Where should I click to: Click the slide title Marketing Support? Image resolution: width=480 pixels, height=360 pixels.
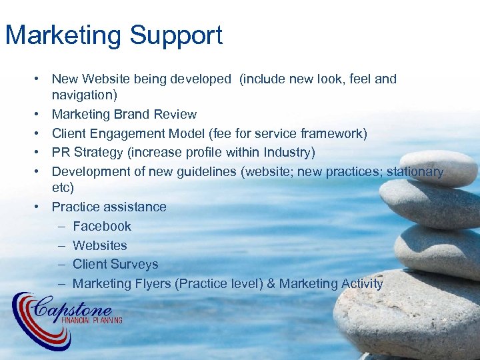pyautogui.click(x=114, y=35)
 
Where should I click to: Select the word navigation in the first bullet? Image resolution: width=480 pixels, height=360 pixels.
pyautogui.click(x=84, y=95)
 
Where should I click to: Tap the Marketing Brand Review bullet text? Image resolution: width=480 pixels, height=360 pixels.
pyautogui.click(x=124, y=114)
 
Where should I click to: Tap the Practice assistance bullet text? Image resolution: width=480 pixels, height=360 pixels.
pyautogui.click(x=109, y=207)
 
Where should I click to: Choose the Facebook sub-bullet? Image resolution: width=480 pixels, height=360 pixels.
pyautogui.click(x=102, y=226)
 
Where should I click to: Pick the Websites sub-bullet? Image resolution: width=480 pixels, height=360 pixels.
pyautogui.click(x=99, y=245)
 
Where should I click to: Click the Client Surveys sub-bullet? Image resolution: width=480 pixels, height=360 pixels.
pyautogui.click(x=115, y=264)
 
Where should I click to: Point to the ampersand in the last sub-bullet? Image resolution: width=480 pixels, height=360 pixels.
pyautogui.click(x=271, y=283)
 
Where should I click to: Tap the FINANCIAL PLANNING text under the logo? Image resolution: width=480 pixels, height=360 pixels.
pyautogui.click(x=91, y=321)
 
